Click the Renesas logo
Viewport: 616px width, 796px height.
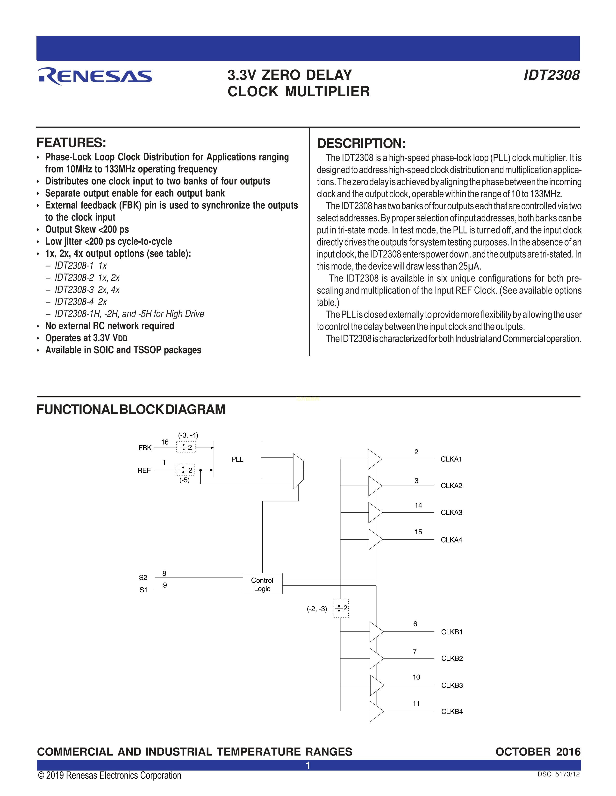[x=95, y=76]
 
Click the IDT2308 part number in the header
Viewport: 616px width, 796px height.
[x=552, y=75]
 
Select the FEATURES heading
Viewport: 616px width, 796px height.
[x=71, y=143]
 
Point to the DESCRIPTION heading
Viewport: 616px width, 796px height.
[x=361, y=143]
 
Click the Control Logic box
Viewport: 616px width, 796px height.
[x=262, y=584]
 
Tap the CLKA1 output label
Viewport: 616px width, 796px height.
[x=451, y=459]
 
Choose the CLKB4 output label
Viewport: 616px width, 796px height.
[x=452, y=711]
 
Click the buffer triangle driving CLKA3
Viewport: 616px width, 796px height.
[x=374, y=512]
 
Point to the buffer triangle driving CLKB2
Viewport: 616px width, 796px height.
[x=376, y=659]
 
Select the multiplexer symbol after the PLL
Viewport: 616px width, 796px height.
[x=298, y=471]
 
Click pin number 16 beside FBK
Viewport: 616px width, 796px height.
[x=165, y=442]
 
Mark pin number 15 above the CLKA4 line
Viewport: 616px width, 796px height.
[x=418, y=532]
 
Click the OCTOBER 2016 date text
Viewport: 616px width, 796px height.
[x=537, y=752]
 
